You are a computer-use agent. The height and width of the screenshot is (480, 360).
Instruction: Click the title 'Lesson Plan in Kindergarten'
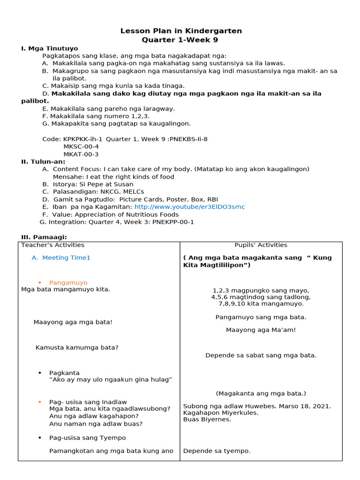(181, 31)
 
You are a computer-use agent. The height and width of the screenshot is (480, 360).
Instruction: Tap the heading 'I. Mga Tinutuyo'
(50, 48)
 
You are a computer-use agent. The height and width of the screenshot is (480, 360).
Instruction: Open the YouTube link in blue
(189, 207)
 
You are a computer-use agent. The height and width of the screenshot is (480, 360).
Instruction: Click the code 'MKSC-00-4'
(81, 146)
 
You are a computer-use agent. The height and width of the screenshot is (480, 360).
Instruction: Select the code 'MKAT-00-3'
(81, 154)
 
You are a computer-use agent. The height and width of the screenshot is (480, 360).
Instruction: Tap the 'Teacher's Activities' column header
(53, 245)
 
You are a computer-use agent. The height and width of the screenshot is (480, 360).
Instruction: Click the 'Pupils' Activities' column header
(261, 245)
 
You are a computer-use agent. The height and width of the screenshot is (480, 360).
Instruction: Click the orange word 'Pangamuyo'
(68, 283)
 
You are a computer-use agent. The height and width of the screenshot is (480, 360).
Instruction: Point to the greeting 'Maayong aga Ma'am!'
(261, 330)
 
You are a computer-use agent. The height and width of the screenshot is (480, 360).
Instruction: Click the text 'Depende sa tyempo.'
(217, 451)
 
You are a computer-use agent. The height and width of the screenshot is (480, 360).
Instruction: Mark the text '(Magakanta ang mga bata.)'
(261, 393)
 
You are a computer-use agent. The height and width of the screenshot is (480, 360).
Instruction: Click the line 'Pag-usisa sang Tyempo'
(88, 438)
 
